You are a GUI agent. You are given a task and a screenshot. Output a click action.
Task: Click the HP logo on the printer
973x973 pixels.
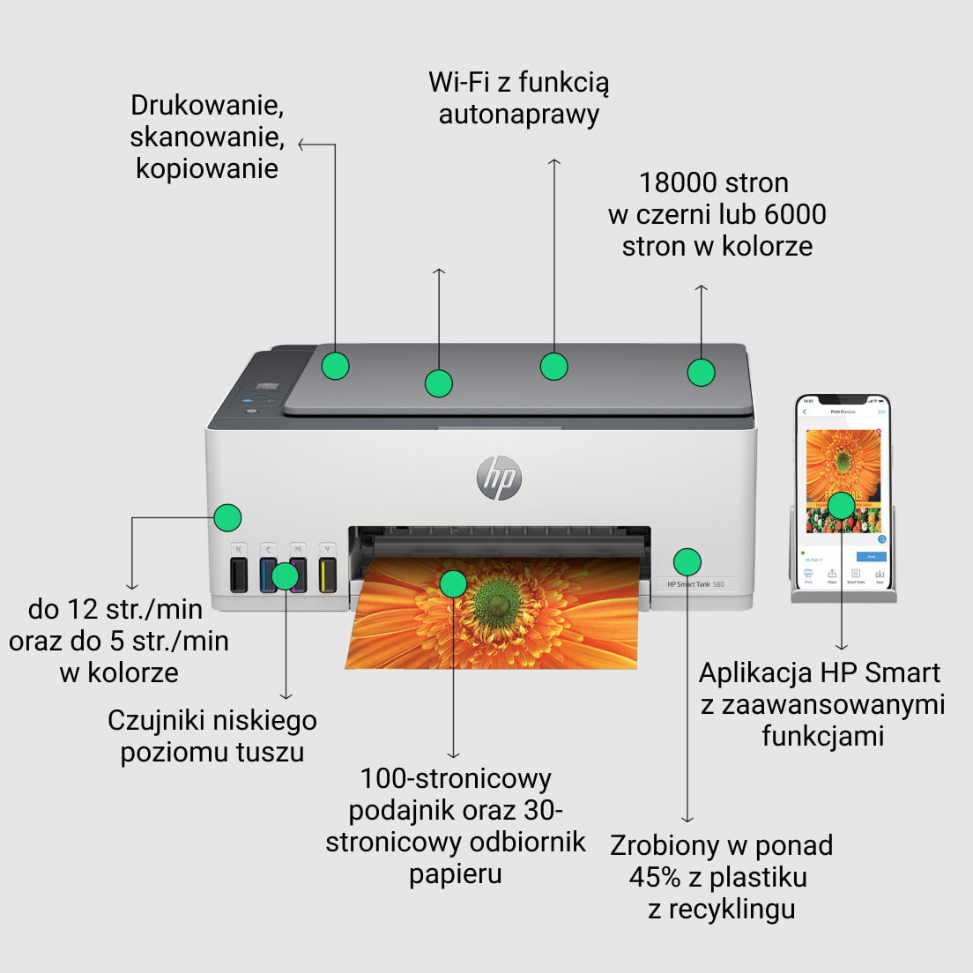(x=499, y=479)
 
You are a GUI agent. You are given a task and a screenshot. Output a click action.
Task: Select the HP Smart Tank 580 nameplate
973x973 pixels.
(x=695, y=584)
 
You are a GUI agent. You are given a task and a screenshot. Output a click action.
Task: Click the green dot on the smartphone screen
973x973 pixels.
(x=842, y=505)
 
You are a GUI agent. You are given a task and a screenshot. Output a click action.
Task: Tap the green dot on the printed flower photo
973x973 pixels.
(x=453, y=583)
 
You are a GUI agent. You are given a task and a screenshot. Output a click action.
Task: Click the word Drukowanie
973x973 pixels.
(x=207, y=105)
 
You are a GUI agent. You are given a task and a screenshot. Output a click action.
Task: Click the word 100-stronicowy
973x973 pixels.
(x=456, y=778)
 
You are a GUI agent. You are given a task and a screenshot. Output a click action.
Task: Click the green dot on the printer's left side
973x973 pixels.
(x=227, y=517)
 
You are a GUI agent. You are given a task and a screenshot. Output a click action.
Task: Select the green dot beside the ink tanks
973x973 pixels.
(x=285, y=576)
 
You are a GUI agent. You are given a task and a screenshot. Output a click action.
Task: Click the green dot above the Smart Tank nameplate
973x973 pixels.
(x=687, y=561)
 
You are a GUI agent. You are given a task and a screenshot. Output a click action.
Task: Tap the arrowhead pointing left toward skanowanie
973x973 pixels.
(x=301, y=145)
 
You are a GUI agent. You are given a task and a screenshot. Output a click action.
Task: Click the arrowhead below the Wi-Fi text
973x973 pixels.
(x=553, y=162)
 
